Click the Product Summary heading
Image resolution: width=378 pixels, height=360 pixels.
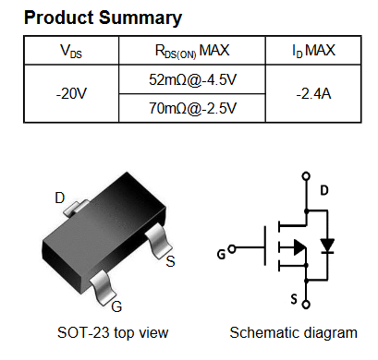[103, 18]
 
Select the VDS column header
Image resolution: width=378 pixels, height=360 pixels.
[71, 51]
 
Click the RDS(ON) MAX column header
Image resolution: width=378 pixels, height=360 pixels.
[192, 51]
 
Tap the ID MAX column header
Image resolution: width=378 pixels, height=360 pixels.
[313, 51]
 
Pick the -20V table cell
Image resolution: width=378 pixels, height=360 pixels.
[71, 93]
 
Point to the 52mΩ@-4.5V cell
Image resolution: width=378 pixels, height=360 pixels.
[192, 79]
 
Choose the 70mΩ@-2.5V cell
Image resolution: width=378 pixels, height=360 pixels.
[192, 108]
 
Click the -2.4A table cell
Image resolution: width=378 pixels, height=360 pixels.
[313, 93]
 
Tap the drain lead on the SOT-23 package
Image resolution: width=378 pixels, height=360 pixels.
[76, 208]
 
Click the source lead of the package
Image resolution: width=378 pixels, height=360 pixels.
[158, 240]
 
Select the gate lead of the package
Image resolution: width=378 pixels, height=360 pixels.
[103, 287]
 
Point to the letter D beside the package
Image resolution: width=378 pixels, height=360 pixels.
[60, 198]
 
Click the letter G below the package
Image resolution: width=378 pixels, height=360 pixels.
[116, 306]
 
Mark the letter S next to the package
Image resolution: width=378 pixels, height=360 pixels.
[170, 261]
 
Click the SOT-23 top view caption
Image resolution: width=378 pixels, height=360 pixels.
[113, 333]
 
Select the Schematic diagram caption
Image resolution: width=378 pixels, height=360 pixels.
[293, 333]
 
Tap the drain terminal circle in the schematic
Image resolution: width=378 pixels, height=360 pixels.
[306, 176]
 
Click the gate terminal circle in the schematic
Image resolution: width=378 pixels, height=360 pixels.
[232, 248]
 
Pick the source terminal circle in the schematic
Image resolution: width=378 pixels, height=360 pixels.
[306, 305]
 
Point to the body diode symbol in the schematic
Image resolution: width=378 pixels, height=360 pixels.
[327, 246]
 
